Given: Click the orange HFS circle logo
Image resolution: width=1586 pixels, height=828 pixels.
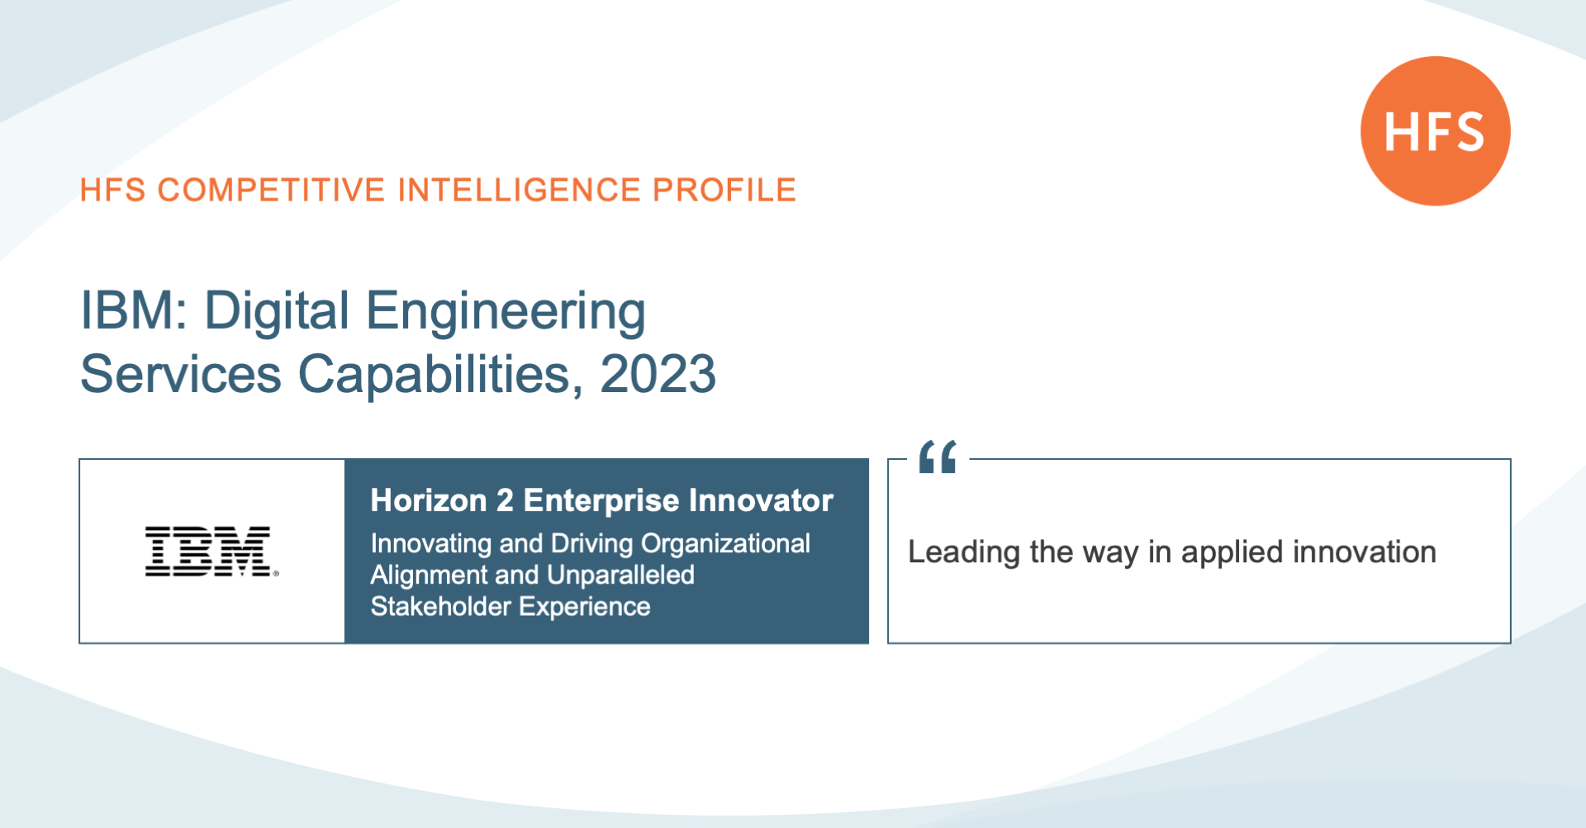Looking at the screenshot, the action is coord(1436,130).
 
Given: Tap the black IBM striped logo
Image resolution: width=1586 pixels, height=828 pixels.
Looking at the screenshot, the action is coord(211,551).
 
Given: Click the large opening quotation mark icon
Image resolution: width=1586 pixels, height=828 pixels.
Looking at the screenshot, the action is coord(938,457).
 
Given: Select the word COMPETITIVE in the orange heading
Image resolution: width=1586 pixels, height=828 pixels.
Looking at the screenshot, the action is coord(271,190).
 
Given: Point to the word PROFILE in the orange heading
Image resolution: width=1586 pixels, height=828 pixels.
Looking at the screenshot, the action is coord(724,190).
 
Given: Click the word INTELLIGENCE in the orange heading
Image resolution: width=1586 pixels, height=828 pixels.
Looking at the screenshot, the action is coord(520,190).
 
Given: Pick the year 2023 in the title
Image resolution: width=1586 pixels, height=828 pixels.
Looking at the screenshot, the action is coord(658,374).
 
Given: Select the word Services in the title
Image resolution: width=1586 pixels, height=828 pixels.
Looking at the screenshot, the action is coord(181,375).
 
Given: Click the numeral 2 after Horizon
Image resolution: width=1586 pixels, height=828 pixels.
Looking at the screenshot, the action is coord(505,500).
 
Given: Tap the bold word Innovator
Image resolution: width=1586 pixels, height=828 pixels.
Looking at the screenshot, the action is coord(761,500).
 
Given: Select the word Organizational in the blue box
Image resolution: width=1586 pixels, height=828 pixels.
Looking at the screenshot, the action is coord(725,544).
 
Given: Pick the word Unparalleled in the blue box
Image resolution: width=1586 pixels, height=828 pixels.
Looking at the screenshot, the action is coord(620,575).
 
